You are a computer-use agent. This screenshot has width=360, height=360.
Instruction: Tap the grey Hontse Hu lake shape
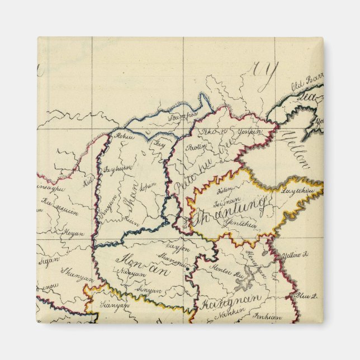click(x=243, y=285)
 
